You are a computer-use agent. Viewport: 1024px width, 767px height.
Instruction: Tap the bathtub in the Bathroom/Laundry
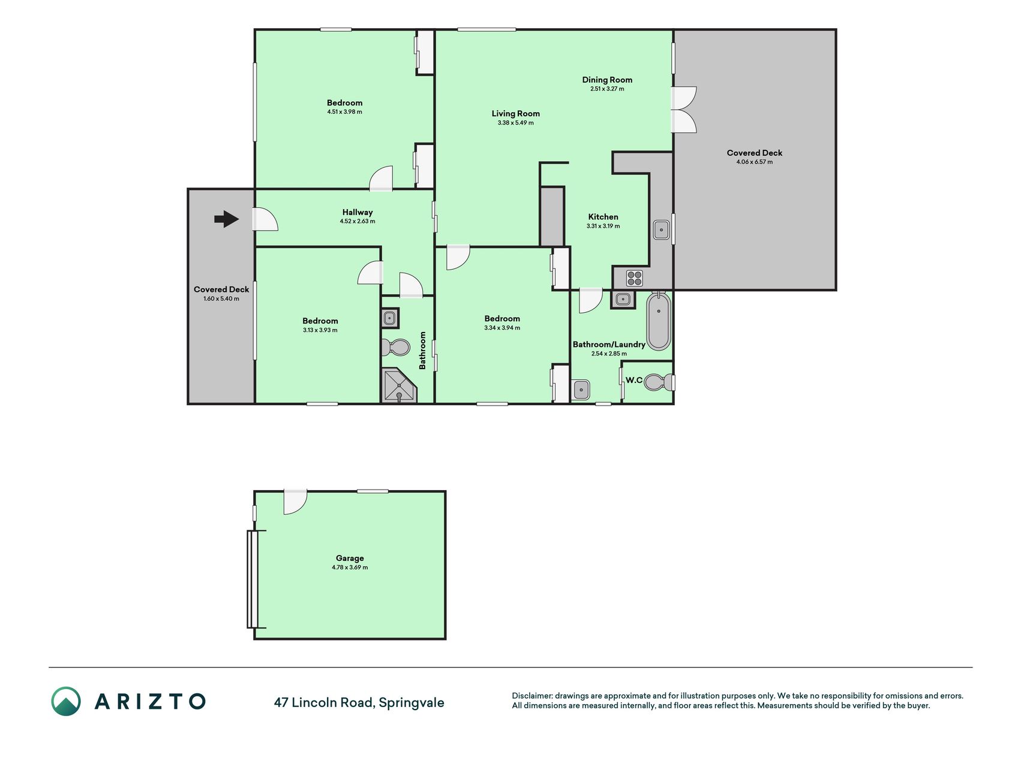(659, 321)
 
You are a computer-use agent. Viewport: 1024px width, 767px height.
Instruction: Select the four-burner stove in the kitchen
(635, 278)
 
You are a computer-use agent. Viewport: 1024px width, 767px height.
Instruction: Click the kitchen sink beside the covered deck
(661, 230)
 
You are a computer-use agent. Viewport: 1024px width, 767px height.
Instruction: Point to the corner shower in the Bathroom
(399, 385)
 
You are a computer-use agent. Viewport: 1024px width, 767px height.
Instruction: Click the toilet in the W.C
(660, 382)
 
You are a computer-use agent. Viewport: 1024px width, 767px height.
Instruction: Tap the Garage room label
(350, 558)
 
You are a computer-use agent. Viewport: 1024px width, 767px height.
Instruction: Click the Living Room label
(516, 113)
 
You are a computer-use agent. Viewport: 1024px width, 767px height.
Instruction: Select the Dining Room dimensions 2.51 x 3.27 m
(607, 89)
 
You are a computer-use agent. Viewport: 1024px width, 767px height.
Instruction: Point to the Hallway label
(358, 212)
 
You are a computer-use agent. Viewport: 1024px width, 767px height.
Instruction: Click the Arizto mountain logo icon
(66, 701)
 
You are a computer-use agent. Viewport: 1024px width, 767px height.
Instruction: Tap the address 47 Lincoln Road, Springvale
(359, 702)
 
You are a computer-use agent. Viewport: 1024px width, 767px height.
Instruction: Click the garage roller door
(253, 579)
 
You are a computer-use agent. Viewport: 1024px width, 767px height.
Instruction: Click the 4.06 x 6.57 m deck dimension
(755, 162)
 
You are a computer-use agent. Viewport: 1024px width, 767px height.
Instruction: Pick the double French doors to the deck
(684, 110)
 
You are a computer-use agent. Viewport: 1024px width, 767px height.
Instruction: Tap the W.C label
(634, 380)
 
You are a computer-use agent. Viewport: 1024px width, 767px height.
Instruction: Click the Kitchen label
(603, 217)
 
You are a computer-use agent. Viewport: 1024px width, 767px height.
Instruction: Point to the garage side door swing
(295, 502)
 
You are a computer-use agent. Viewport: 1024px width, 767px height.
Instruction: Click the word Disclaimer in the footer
(531, 696)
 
